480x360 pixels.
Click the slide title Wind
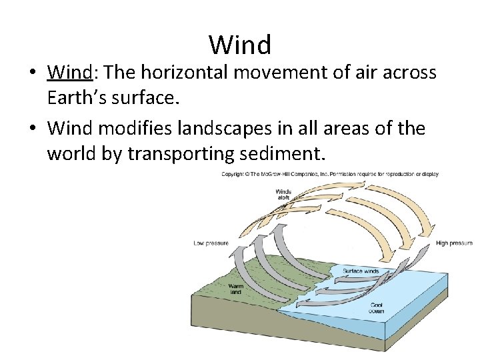point(240,45)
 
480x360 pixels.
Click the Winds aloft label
point(283,195)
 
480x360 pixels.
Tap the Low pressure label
point(211,243)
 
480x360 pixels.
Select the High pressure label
point(454,243)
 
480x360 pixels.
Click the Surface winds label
point(361,271)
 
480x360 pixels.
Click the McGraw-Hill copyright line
point(330,175)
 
